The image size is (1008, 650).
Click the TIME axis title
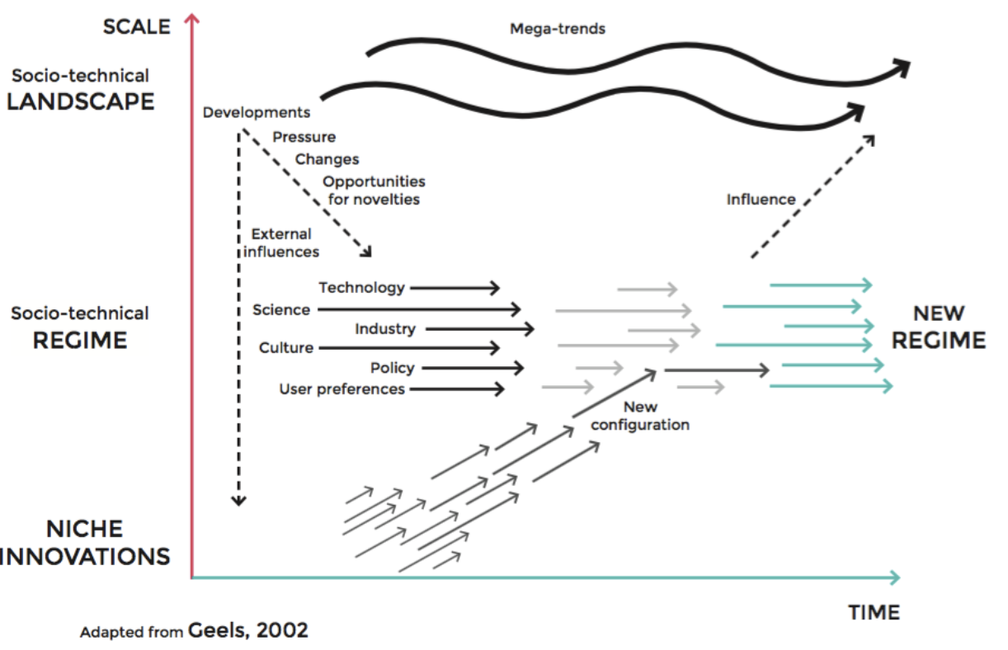[874, 613]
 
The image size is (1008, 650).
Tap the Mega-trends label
[558, 29]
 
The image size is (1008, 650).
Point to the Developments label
[257, 112]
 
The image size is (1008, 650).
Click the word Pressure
[304, 137]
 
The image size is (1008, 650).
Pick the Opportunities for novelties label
[374, 190]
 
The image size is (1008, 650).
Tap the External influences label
[281, 243]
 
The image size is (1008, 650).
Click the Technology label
[362, 287]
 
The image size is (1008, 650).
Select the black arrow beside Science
[418, 309]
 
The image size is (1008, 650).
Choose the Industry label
[385, 329]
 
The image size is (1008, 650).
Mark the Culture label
[286, 348]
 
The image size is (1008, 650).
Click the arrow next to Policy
[472, 368]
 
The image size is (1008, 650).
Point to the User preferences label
[342, 389]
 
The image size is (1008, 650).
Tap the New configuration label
[640, 416]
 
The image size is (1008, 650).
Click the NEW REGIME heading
[939, 327]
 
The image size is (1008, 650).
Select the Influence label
[761, 199]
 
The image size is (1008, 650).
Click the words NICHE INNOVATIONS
[85, 542]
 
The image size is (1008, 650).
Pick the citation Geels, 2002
[248, 631]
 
